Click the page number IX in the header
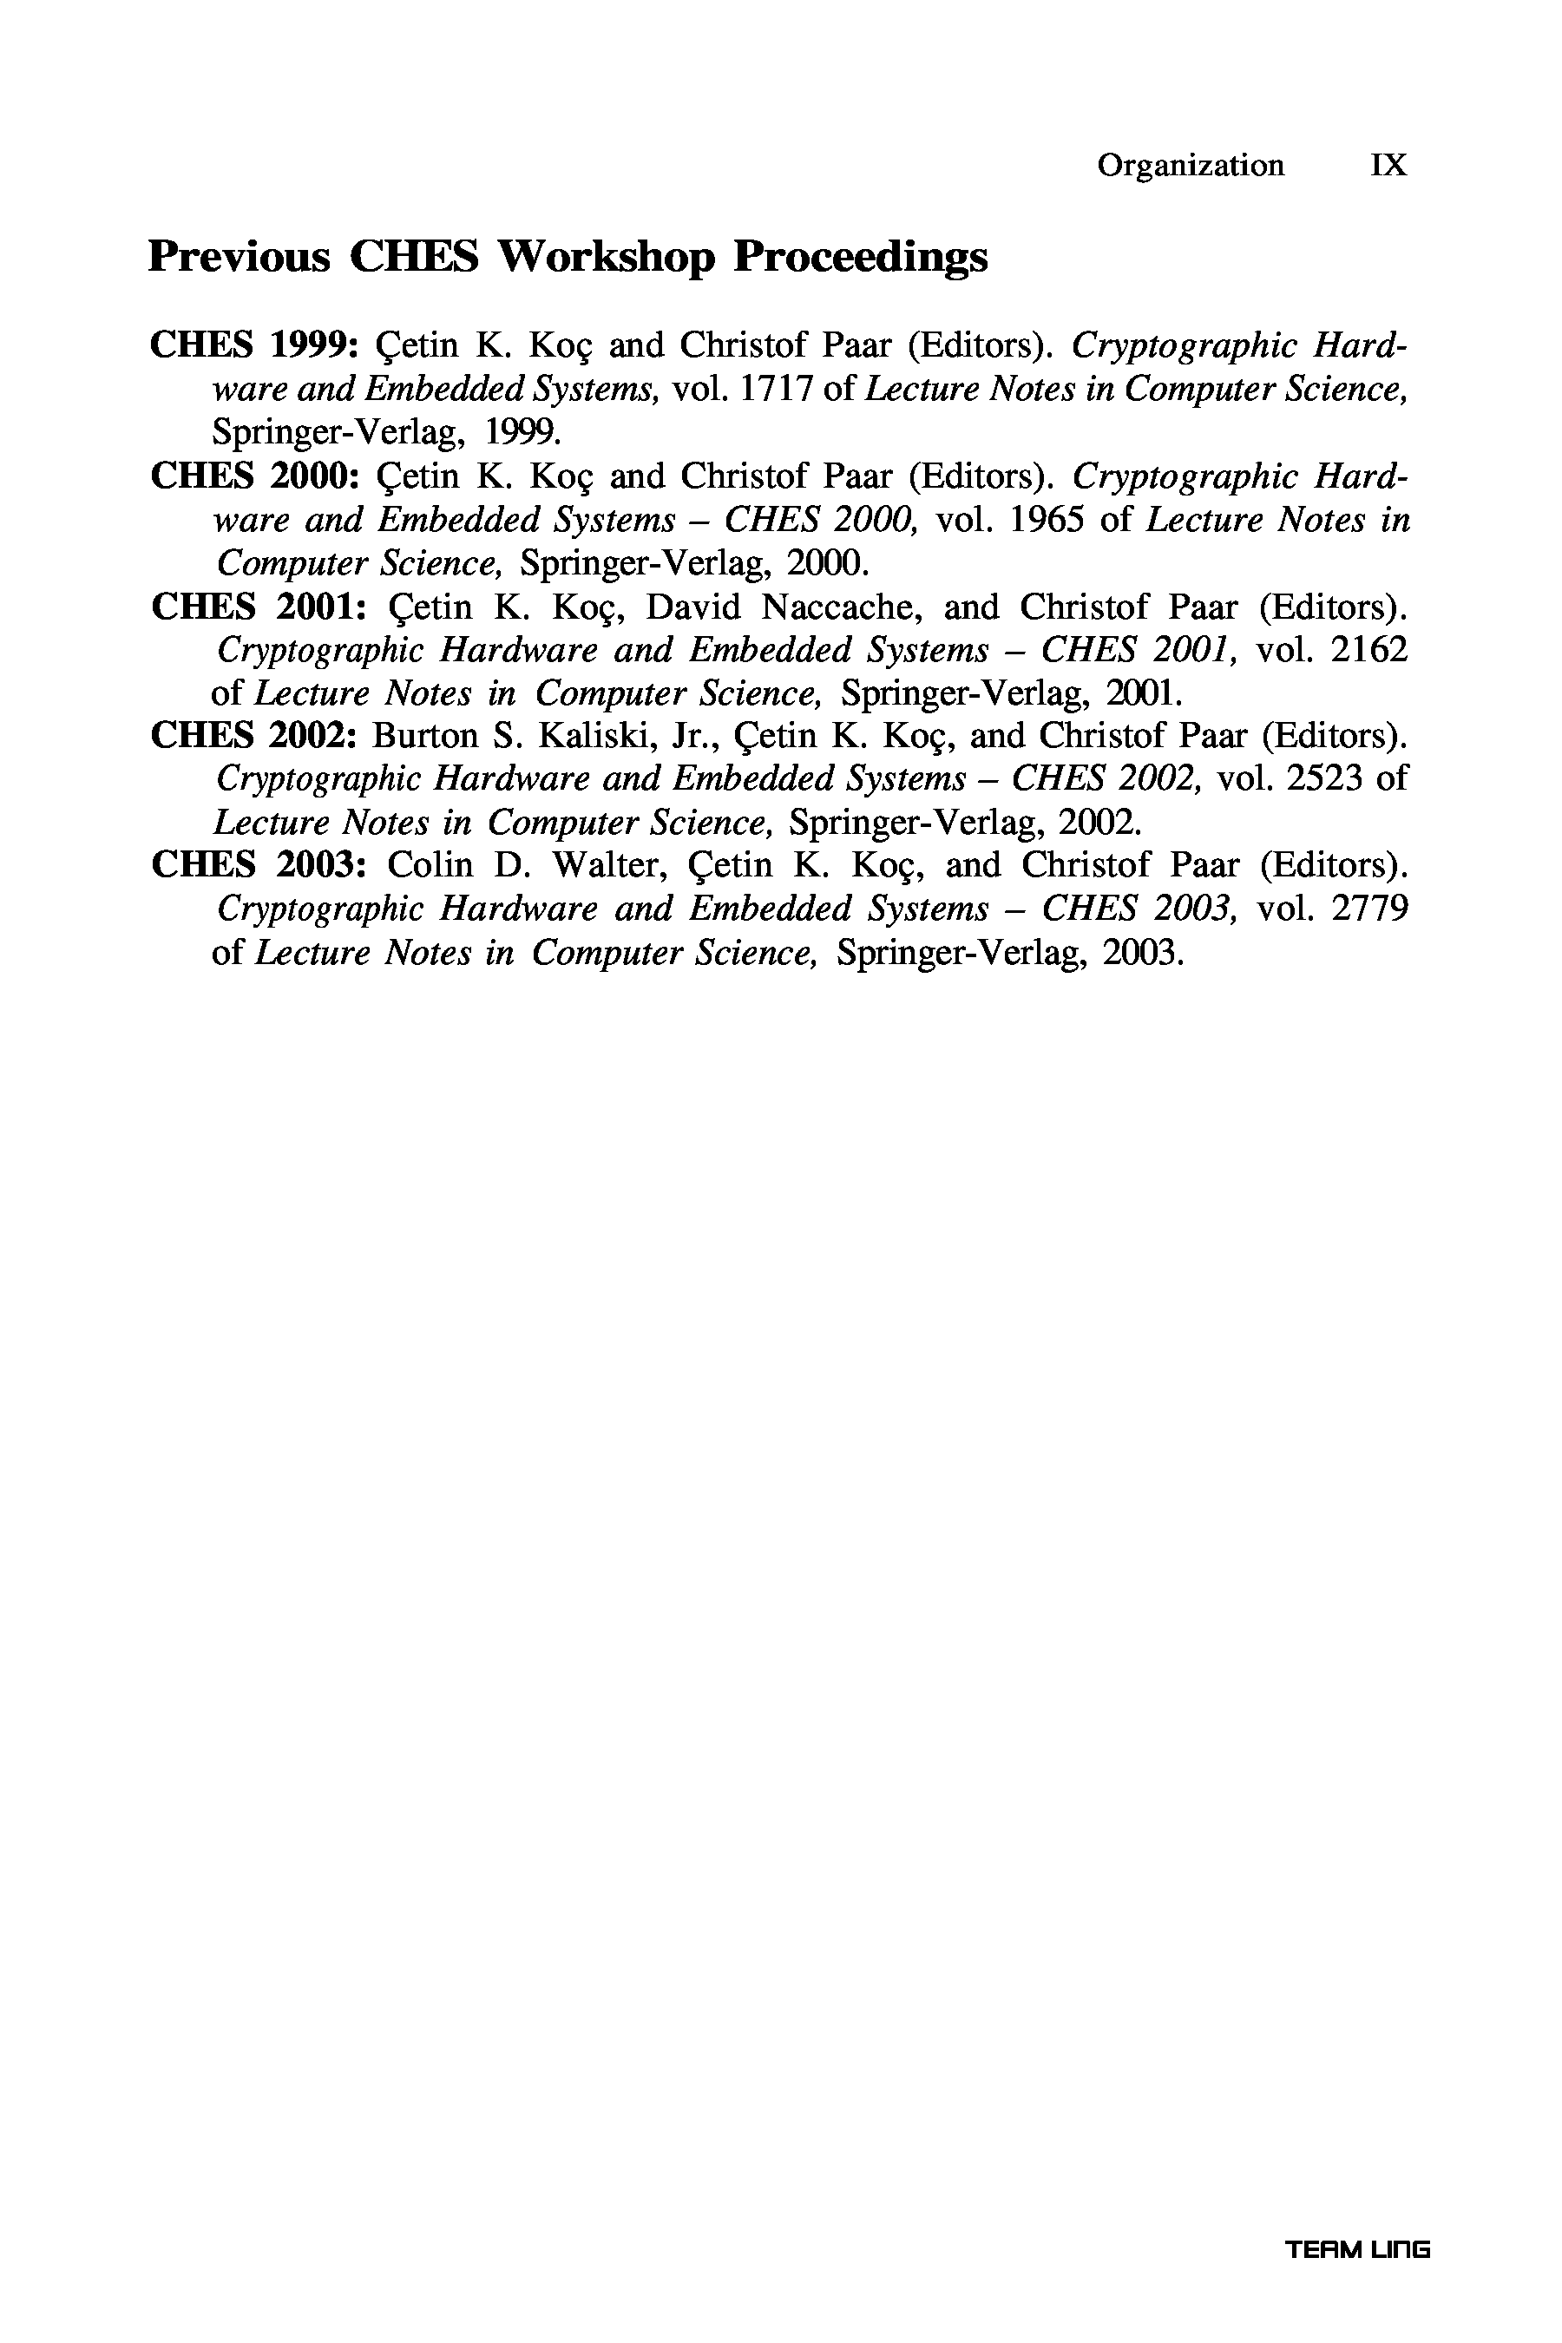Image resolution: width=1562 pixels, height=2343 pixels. [1388, 166]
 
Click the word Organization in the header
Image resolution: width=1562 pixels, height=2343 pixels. [1191, 166]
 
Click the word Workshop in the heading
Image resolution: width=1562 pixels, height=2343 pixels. [607, 257]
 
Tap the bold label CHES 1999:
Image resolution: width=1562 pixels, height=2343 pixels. [254, 345]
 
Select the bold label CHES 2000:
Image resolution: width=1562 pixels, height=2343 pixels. [254, 476]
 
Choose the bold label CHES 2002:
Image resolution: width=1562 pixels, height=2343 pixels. [254, 735]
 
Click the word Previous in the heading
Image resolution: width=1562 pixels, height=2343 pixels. [240, 257]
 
